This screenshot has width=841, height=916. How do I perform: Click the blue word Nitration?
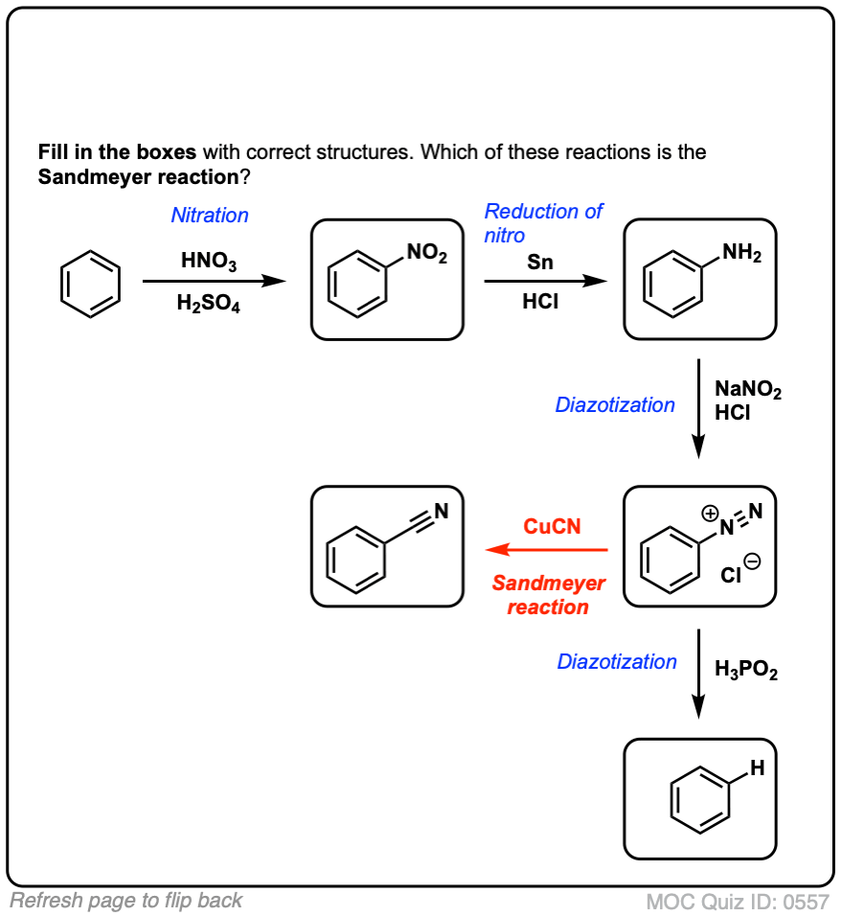(210, 216)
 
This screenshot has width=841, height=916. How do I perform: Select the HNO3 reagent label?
(209, 261)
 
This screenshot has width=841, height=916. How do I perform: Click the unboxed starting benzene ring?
(91, 283)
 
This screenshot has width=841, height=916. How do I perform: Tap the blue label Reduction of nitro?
(542, 222)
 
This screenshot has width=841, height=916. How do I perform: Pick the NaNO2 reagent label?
(748, 391)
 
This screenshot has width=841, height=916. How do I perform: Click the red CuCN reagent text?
(552, 527)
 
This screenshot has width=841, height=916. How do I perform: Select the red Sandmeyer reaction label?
(548, 595)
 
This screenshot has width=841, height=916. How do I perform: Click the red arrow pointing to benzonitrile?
(547, 550)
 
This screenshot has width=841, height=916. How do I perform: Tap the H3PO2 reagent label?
(746, 671)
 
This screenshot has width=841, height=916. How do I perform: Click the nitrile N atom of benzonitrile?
(441, 512)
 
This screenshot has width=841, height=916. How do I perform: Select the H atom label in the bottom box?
(757, 767)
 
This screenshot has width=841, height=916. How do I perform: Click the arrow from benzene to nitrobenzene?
(214, 282)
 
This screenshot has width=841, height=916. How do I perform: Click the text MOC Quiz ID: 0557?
(737, 902)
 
